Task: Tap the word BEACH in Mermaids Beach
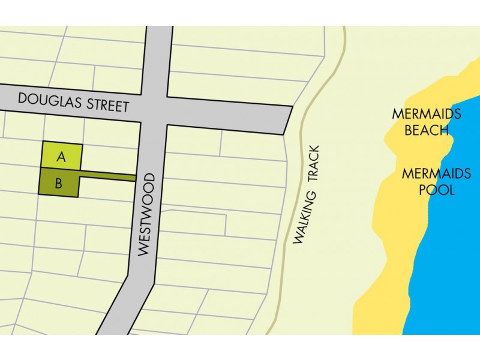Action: pyautogui.click(x=427, y=130)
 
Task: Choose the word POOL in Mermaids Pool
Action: pyautogui.click(x=436, y=190)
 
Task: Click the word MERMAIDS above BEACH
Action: pyautogui.click(x=427, y=113)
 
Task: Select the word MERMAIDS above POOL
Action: pyautogui.click(x=436, y=174)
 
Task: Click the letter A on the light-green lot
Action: pyautogui.click(x=61, y=157)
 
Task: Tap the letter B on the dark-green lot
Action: pyautogui.click(x=58, y=184)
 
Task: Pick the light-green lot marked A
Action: pyautogui.click(x=71, y=150)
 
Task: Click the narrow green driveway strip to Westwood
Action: pyautogui.click(x=108, y=176)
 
